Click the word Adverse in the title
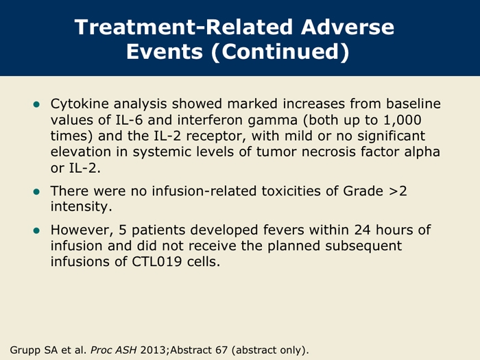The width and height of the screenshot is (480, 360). tap(348, 27)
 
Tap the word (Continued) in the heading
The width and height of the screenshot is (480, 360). tap(280, 51)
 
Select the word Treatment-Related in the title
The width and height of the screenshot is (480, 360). tap(183, 27)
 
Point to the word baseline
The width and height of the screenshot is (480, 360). tap(413, 104)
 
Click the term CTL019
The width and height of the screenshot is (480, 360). tap(157, 262)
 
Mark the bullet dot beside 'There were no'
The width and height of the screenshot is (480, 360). tap(36, 192)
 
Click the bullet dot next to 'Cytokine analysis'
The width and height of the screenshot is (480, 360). tap(36, 105)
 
